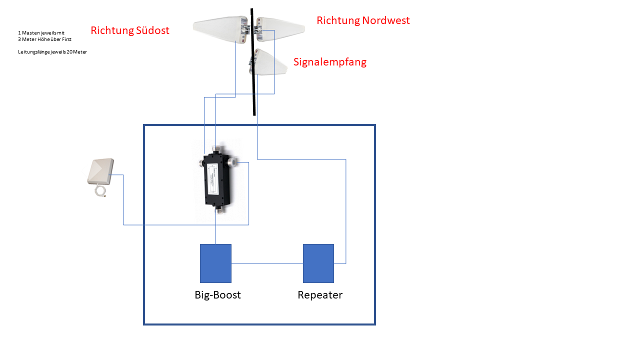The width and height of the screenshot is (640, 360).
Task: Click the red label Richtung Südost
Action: [x=130, y=30]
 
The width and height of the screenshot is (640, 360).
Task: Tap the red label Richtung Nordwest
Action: [x=363, y=20]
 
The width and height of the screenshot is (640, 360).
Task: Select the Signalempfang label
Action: [x=329, y=62]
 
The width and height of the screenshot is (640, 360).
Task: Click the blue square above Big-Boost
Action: [x=215, y=263]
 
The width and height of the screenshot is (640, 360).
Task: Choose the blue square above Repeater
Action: [x=318, y=263]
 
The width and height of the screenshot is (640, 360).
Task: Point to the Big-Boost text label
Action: [x=217, y=295]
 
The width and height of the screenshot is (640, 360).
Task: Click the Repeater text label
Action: [x=320, y=295]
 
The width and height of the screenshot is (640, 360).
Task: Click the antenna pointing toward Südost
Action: [x=218, y=27]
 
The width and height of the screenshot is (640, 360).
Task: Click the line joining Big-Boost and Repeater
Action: [x=267, y=263]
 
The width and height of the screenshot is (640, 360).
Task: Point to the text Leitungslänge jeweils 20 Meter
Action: [x=52, y=51]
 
